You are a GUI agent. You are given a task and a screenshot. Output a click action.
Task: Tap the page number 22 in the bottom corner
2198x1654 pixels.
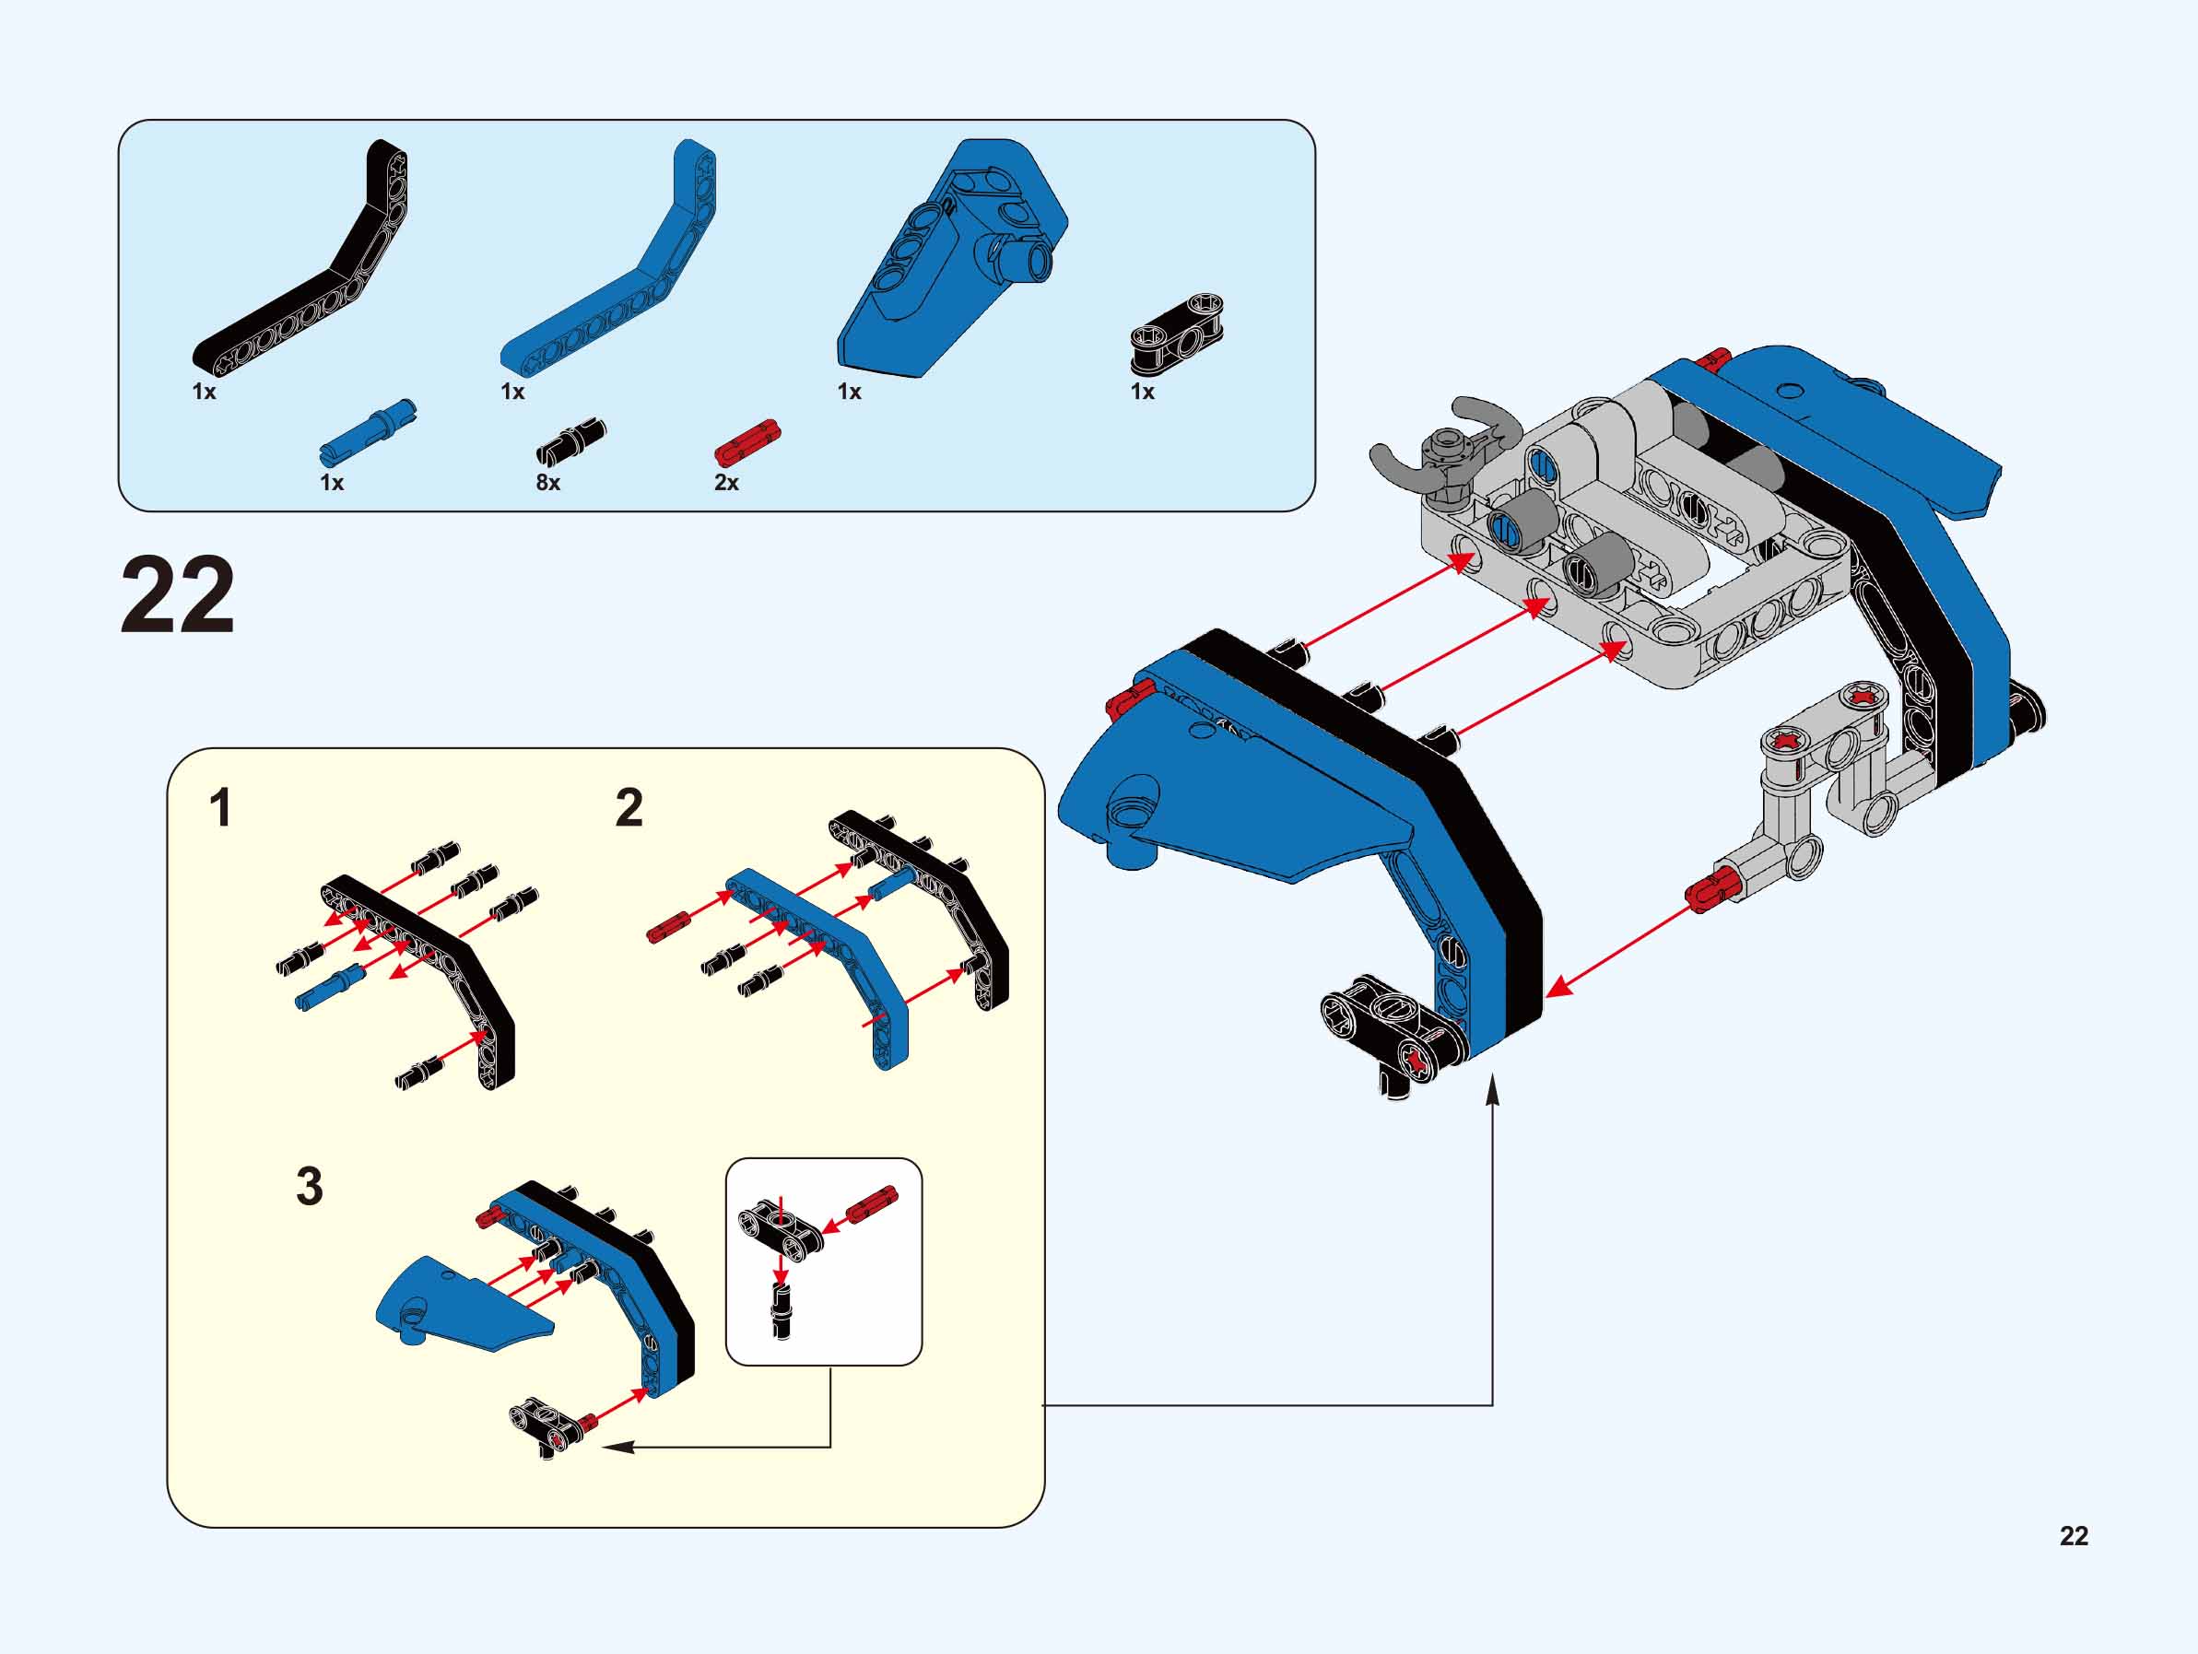pos(2074,1536)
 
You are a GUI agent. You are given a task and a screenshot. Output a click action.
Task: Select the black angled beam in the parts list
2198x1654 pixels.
pos(298,260)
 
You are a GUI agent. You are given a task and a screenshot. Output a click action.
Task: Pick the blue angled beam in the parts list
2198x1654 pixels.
pos(607,260)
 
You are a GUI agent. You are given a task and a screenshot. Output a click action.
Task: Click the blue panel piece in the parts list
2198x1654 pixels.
pos(949,258)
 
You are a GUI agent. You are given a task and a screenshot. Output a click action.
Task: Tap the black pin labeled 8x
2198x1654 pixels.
pos(571,441)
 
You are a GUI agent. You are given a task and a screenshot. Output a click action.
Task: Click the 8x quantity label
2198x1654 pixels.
pos(548,484)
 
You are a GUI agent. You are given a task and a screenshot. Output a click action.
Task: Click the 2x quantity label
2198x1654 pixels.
pos(726,484)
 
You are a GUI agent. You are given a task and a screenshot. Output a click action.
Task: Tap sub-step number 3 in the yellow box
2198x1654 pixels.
pos(310,1186)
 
